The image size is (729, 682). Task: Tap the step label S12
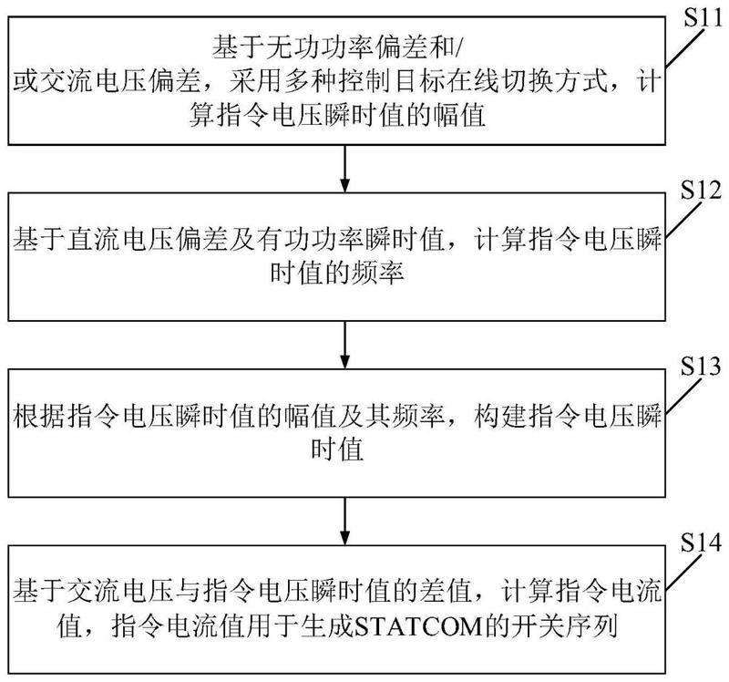[702, 194]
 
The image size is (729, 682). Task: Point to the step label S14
[702, 544]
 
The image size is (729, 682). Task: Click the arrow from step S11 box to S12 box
[345, 165]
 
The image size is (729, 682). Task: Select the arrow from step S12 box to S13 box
[345, 341]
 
